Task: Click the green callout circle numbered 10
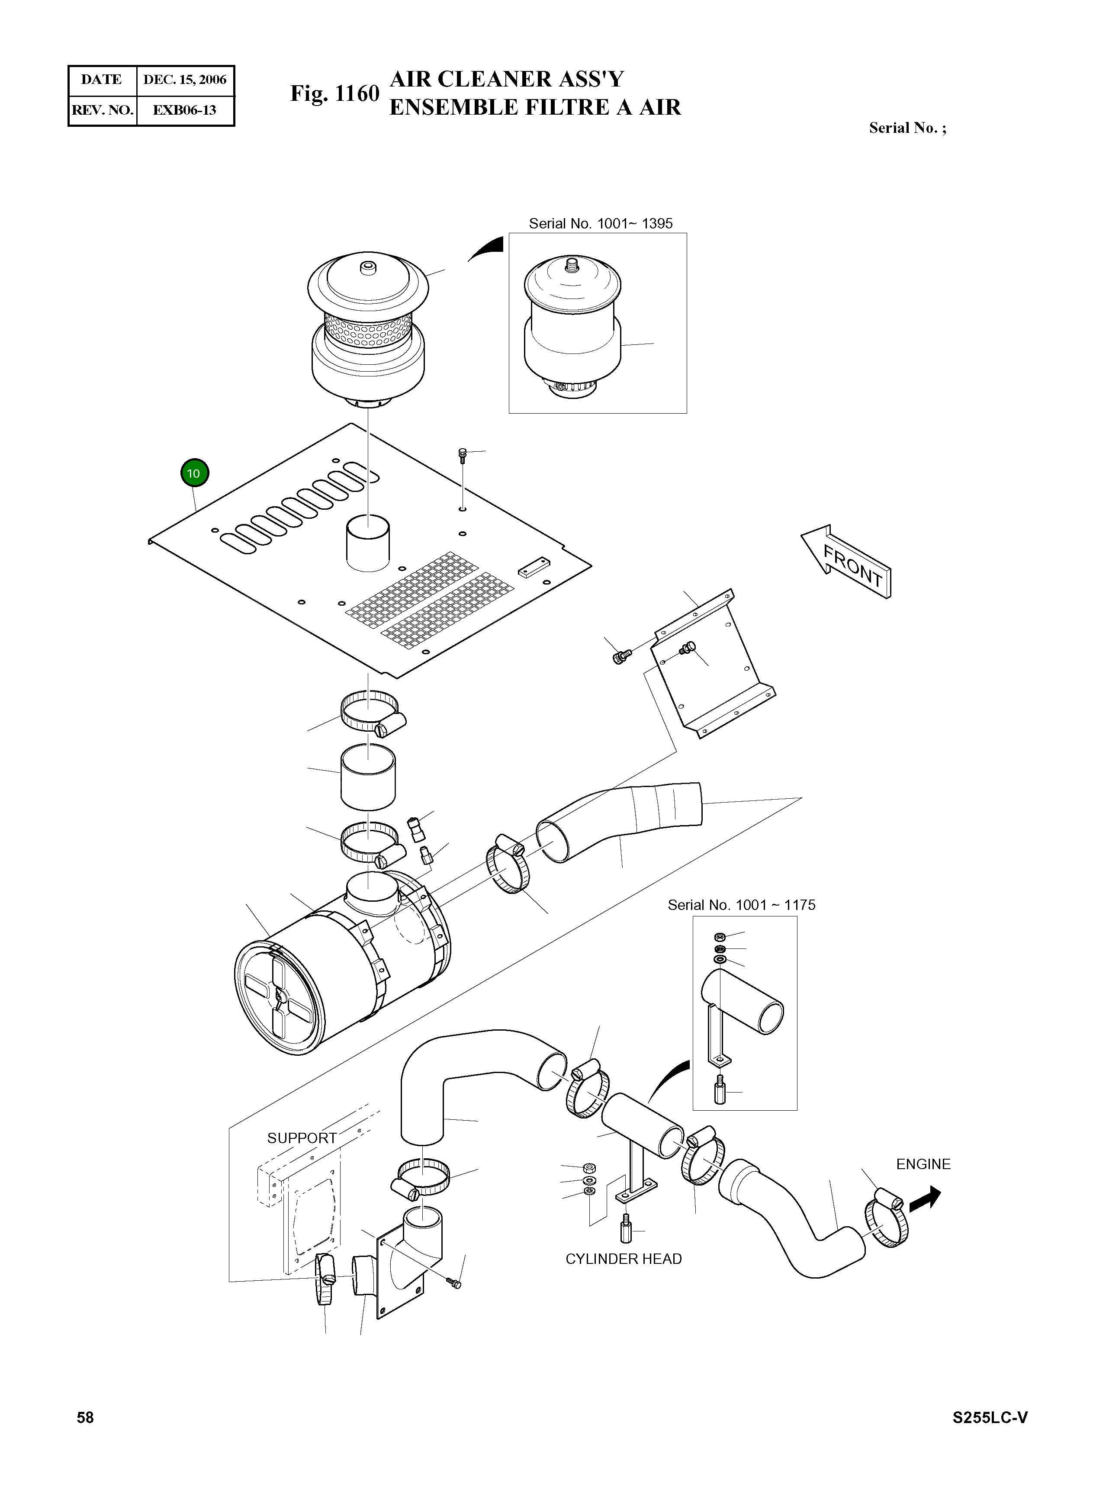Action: pos(194,473)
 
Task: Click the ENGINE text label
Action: pos(923,1164)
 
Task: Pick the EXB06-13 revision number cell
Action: pos(185,110)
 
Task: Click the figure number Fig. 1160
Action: pos(335,93)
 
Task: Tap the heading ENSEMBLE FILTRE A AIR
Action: pos(535,107)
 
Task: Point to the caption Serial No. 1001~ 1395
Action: pos(601,224)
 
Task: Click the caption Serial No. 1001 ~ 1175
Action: pos(742,905)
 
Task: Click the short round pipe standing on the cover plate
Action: pos(368,543)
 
